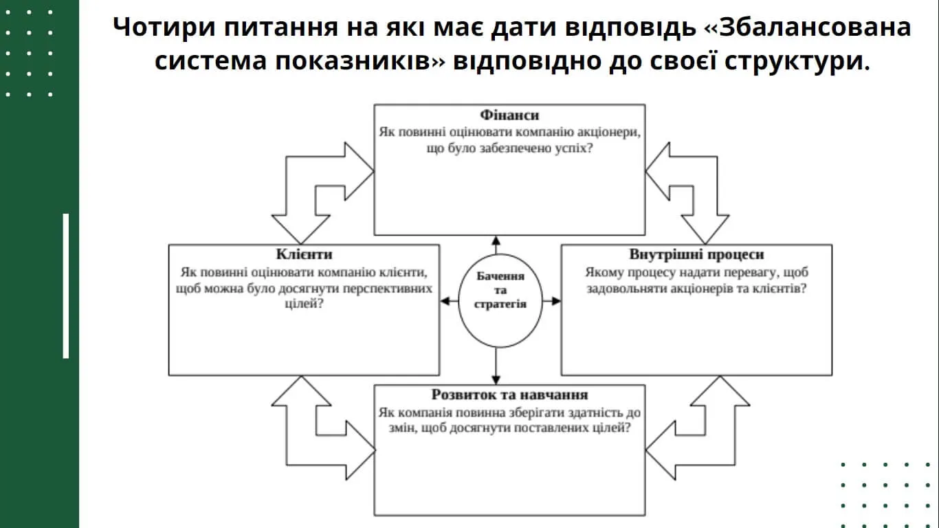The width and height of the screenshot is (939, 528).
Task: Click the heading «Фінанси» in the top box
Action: point(509,115)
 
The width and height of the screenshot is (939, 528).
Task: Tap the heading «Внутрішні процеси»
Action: point(696,254)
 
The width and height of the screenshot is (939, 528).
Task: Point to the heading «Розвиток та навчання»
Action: point(509,395)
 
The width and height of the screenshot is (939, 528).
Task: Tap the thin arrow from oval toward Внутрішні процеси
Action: point(551,300)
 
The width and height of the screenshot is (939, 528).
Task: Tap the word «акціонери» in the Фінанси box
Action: point(607,132)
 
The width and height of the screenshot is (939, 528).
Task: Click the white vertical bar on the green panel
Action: point(66,285)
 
